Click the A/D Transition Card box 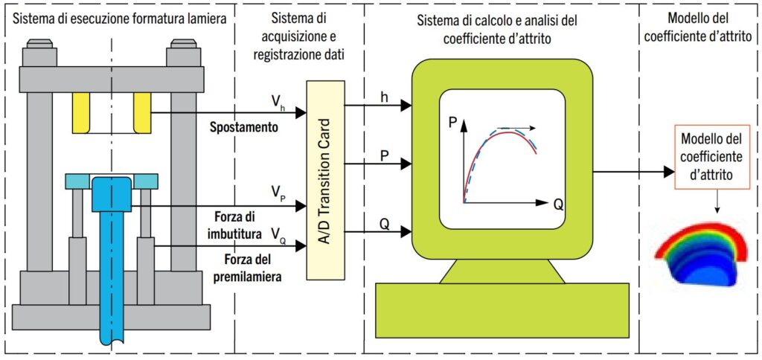pyautogui.click(x=325, y=180)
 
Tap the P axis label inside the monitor pyautogui.click(x=453, y=124)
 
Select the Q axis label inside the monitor pyautogui.click(x=558, y=205)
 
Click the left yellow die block pyautogui.click(x=80, y=113)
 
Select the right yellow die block pyautogui.click(x=142, y=113)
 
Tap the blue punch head pyautogui.click(x=112, y=193)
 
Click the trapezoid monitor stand pyautogui.click(x=502, y=271)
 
